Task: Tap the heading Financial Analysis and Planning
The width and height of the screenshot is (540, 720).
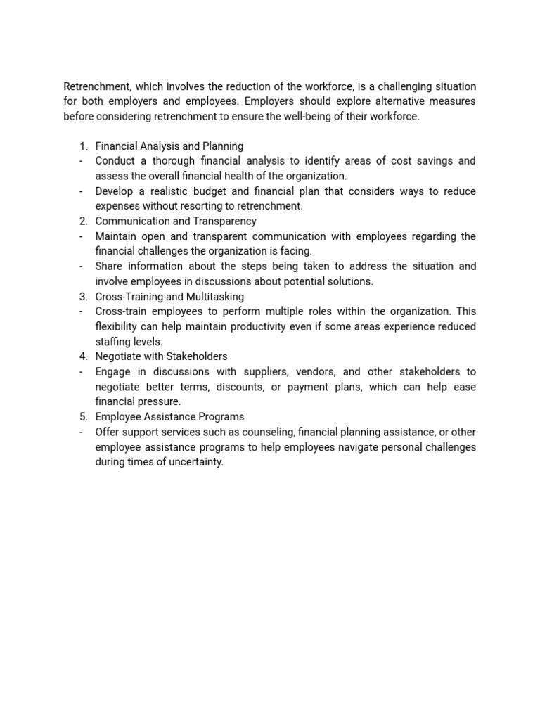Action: [169, 146]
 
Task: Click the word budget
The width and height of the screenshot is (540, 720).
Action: [204, 191]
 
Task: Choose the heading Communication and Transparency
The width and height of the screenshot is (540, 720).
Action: [176, 221]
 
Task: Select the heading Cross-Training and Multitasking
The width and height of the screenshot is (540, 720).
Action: [169, 297]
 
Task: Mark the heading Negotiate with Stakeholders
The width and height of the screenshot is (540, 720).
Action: [161, 356]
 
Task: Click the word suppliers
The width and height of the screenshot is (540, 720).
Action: [281, 372]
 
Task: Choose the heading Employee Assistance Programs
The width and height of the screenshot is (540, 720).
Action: [169, 417]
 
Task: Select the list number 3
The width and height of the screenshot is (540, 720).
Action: [83, 297]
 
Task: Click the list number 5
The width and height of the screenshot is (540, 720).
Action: [83, 417]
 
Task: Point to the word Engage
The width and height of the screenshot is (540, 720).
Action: [112, 372]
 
